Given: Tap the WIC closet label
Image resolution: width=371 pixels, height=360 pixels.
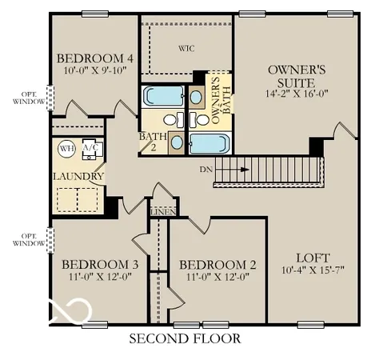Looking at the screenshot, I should tap(187, 47).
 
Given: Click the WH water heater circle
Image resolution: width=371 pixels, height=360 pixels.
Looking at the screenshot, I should tap(66, 148).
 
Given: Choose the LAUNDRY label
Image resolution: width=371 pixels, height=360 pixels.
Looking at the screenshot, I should tap(78, 176).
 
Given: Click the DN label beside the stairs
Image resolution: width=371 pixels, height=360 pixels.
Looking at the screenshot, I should tap(205, 170).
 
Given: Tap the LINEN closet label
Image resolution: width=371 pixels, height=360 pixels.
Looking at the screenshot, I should tap(164, 211).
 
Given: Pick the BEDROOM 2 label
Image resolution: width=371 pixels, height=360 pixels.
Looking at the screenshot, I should tap(217, 265).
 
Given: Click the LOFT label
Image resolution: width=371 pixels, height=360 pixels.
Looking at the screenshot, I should tap(313, 258).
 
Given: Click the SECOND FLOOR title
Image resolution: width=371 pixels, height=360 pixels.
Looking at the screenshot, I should tap(185, 338).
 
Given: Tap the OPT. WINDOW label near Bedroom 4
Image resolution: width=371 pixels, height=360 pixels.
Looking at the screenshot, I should tap(28, 98).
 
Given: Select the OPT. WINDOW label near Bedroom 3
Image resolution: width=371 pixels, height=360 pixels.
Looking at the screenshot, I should tap(28, 239).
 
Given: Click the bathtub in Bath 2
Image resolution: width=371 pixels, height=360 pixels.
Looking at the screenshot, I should tap(162, 98).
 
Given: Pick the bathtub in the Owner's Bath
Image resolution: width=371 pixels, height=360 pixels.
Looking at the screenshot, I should tap(209, 145).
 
